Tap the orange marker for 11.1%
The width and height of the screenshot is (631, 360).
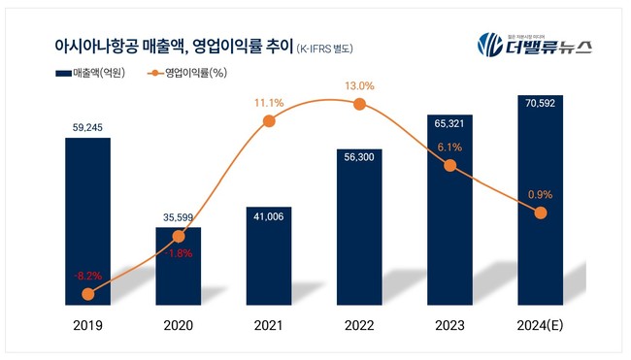pyautogui.click(x=269, y=120)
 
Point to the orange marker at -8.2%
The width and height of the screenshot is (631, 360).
pyautogui.click(x=88, y=293)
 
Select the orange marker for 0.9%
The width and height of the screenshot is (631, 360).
pyautogui.click(x=540, y=213)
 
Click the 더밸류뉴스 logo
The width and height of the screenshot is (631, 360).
pyautogui.click(x=534, y=44)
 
